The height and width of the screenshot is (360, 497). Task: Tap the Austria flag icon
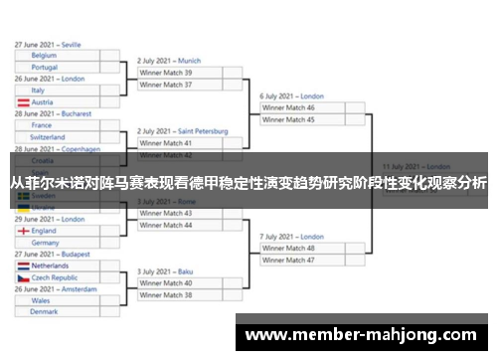coord(22,102)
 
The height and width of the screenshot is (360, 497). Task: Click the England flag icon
coord(22,231)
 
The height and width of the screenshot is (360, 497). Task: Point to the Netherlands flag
coord(22,267)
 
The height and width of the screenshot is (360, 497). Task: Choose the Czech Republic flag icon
coord(22,278)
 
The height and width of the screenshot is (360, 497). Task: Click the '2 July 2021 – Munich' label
coord(169,61)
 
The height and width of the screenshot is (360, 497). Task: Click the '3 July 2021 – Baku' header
coord(165,271)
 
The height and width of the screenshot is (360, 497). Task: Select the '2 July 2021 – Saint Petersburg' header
coord(183,131)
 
